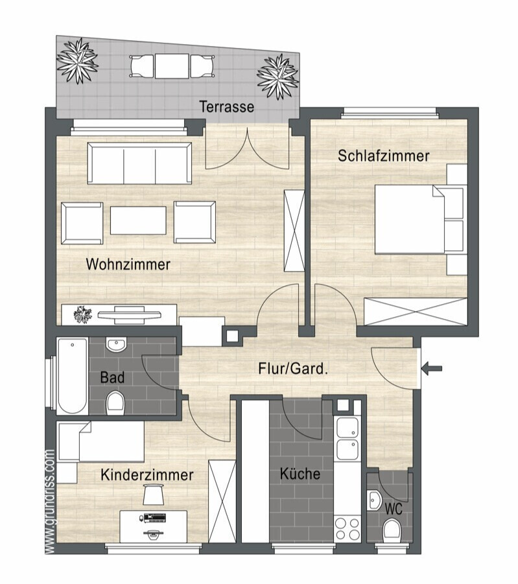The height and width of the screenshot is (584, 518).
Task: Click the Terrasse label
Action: pyautogui.click(x=226, y=107)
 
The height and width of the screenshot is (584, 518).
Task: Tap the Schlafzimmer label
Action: pyautogui.click(x=383, y=156)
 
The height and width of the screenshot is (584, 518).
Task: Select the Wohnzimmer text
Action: pyautogui.click(x=128, y=264)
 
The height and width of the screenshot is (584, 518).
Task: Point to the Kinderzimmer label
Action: pyautogui.click(x=147, y=475)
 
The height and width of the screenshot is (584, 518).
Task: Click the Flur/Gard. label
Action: pyautogui.click(x=293, y=369)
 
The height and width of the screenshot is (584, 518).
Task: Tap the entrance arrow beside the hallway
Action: pyautogui.click(x=432, y=368)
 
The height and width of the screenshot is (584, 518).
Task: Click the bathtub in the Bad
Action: pyautogui.click(x=73, y=375)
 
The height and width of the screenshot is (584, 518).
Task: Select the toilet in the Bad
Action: pyautogui.click(x=115, y=403)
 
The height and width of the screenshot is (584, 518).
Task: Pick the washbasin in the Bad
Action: pyautogui.click(x=116, y=344)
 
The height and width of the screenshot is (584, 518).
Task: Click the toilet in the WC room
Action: pyautogui.click(x=392, y=530)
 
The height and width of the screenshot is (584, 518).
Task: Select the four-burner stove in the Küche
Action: pyautogui.click(x=347, y=530)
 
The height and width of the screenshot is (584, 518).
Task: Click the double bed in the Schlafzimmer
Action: pyautogui.click(x=420, y=219)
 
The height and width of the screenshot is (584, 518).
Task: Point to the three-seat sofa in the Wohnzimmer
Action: pyautogui.click(x=139, y=163)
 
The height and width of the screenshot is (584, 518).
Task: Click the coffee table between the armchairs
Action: pyautogui.click(x=138, y=220)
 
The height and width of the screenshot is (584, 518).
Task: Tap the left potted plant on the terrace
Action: pyautogui.click(x=78, y=60)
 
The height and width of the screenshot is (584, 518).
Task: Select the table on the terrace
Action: pyautogui.click(x=172, y=66)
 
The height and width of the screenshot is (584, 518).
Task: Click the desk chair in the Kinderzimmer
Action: pyautogui.click(x=154, y=493)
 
